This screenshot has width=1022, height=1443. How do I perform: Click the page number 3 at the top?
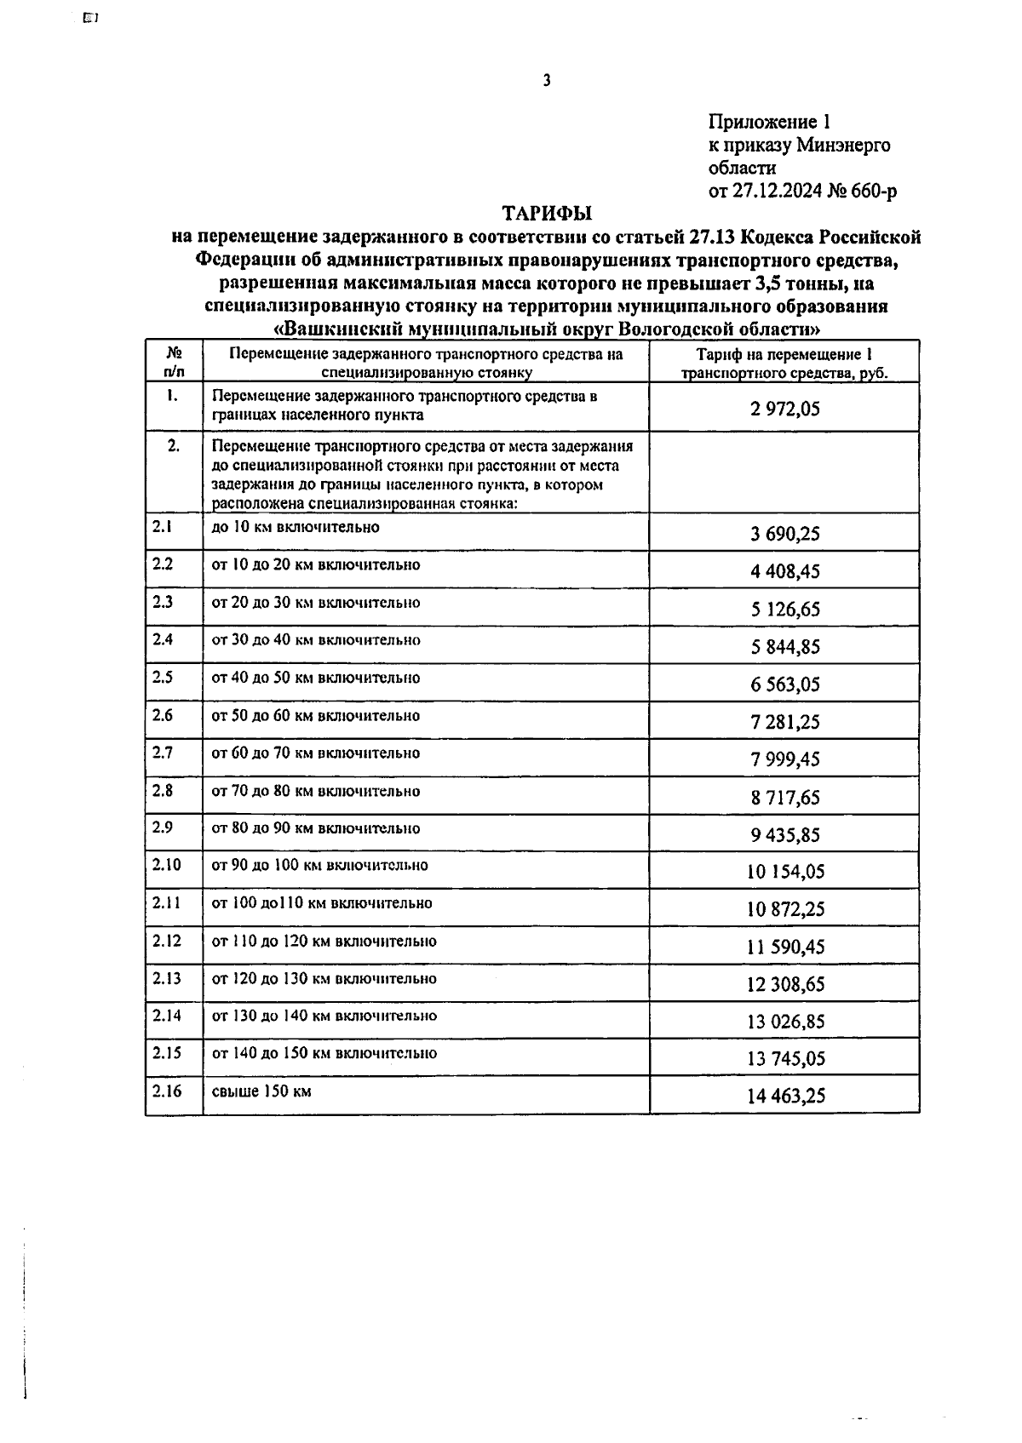pyautogui.click(x=547, y=81)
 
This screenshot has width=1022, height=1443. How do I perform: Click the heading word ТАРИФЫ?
pyautogui.click(x=546, y=213)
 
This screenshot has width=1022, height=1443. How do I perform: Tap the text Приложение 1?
pyautogui.click(x=768, y=123)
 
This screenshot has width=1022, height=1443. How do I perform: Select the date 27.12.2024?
pyautogui.click(x=777, y=192)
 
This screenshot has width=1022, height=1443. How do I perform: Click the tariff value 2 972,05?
pyautogui.click(x=784, y=409)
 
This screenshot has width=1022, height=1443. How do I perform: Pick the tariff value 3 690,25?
pyautogui.click(x=784, y=534)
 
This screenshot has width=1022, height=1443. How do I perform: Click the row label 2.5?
pyautogui.click(x=163, y=678)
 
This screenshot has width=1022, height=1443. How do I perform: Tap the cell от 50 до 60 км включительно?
pyautogui.click(x=315, y=716)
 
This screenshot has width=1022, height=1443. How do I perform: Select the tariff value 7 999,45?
pyautogui.click(x=784, y=759)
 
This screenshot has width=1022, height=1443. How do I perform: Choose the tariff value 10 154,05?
pyautogui.click(x=784, y=872)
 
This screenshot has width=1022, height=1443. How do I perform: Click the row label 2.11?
pyautogui.click(x=166, y=903)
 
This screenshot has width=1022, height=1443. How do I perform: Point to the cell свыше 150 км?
pyautogui.click(x=261, y=1091)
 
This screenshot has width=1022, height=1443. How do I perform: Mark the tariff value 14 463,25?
pyautogui.click(x=784, y=1097)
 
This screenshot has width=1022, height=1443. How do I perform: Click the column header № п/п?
pyautogui.click(x=173, y=362)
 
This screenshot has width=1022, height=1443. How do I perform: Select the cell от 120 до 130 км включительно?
pyautogui.click(x=324, y=979)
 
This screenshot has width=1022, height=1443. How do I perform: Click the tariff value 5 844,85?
pyautogui.click(x=784, y=647)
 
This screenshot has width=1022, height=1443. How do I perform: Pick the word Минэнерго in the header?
pyautogui.click(x=843, y=146)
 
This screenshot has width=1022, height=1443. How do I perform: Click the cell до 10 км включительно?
pyautogui.click(x=295, y=527)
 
